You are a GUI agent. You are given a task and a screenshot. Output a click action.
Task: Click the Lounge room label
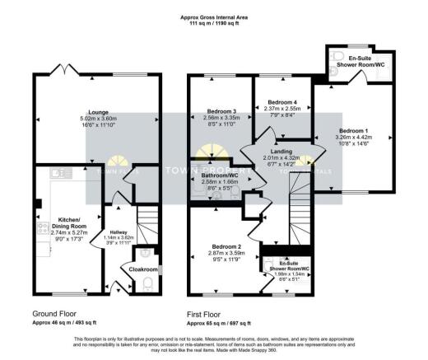click(99, 113)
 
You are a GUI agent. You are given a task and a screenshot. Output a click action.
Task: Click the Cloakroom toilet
click(147, 283)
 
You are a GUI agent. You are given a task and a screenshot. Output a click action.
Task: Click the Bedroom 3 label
click(222, 111)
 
